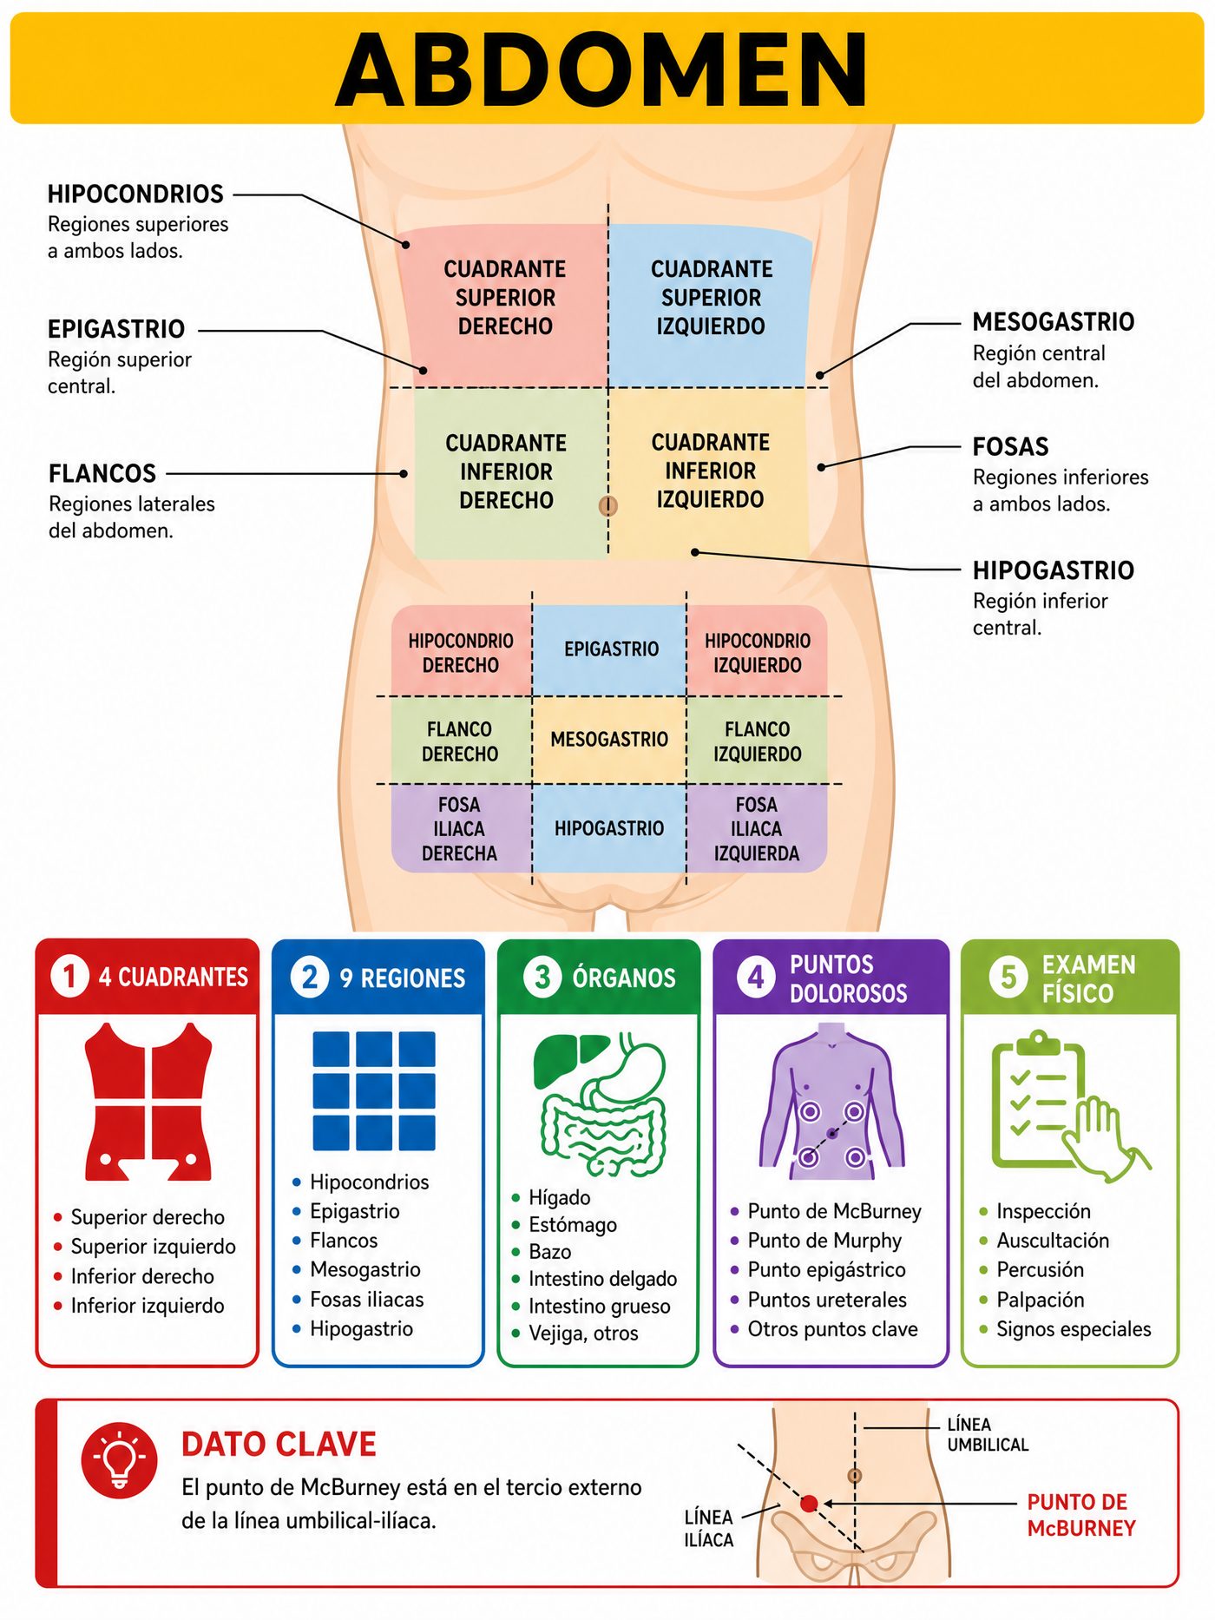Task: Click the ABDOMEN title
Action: coord(601,69)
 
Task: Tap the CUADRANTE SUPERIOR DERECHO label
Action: coord(505,298)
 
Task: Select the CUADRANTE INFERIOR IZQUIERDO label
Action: coord(711,471)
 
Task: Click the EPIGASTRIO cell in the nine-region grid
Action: coord(611,649)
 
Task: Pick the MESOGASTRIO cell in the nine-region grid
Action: coord(609,740)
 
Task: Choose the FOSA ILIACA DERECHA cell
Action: coord(460,829)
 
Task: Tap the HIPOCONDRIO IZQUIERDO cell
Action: coord(758,653)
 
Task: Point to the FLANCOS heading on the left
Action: coord(102,473)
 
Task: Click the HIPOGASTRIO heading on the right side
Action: coord(1054,570)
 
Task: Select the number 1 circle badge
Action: coord(69,976)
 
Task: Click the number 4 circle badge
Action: coord(756,978)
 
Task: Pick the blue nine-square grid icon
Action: coord(374,1090)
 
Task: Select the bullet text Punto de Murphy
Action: coord(824,1241)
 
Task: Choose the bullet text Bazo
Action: coord(550,1252)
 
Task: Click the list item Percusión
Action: coord(1040,1270)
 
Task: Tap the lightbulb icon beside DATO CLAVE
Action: coord(120,1460)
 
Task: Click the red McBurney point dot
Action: coord(809,1504)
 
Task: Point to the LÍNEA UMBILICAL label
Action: coord(988,1434)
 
